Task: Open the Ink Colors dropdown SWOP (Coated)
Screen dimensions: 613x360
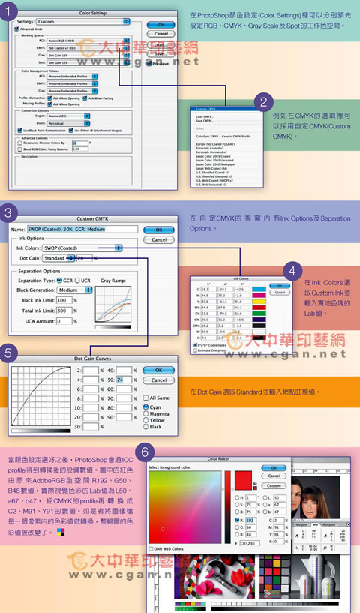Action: pyautogui.click(x=82, y=247)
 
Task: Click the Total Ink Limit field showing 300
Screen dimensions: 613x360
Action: pyautogui.click(x=67, y=309)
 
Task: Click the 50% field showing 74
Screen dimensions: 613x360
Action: pyautogui.click(x=121, y=380)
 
